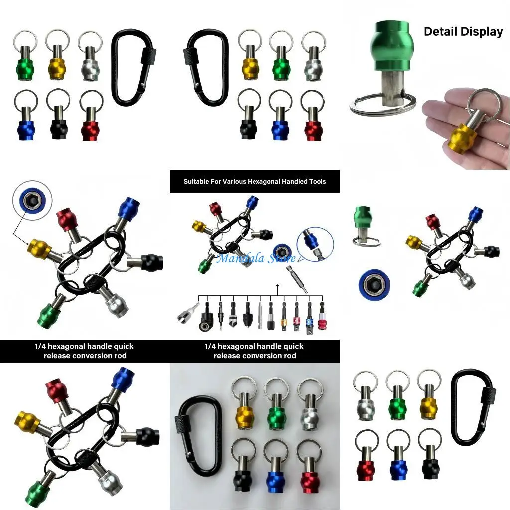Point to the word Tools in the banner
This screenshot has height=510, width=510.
tap(315, 182)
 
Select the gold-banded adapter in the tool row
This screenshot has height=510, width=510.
tap(284, 321)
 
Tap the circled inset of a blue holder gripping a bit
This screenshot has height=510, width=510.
tap(315, 245)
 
